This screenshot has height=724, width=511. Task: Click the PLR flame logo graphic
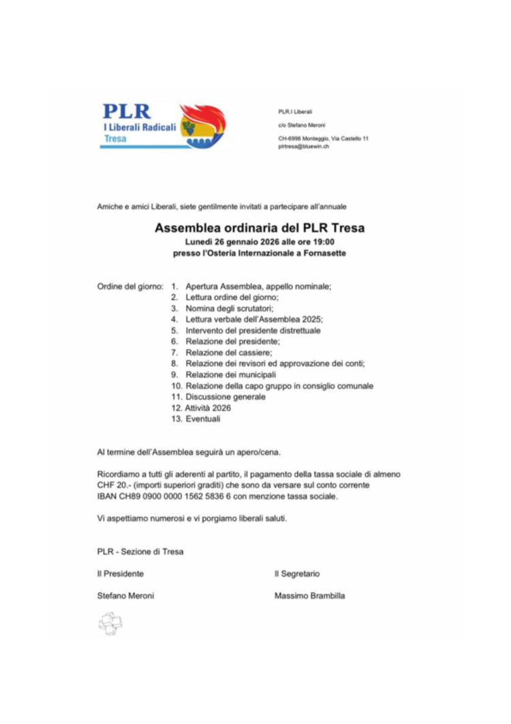pyautogui.click(x=200, y=125)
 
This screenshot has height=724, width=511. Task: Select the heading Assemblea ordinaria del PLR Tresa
pyautogui.click(x=259, y=228)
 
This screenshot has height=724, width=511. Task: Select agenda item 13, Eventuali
pyautogui.click(x=203, y=419)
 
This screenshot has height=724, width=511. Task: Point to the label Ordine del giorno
pyautogui.click(x=130, y=286)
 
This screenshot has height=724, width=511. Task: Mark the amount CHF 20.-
pyautogui.click(x=112, y=485)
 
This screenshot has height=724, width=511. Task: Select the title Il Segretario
pyautogui.click(x=297, y=573)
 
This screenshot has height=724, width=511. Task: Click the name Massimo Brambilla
pyautogui.click(x=309, y=595)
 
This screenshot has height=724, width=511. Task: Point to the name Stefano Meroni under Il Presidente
pyautogui.click(x=125, y=595)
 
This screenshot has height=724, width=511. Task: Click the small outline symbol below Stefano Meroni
pyautogui.click(x=110, y=621)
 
